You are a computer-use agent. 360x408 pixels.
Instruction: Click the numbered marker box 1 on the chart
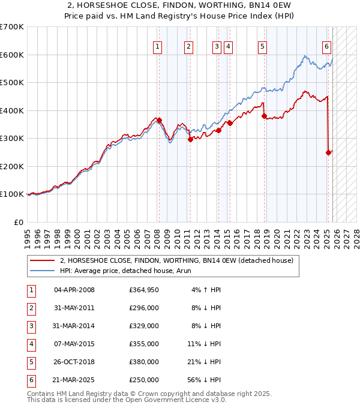pyautogui.click(x=157, y=46)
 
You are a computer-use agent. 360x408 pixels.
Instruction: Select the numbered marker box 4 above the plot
pyautogui.click(x=229, y=46)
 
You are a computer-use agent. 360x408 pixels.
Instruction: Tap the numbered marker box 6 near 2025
pyautogui.click(x=326, y=46)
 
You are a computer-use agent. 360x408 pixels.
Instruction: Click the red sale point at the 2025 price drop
pyautogui.click(x=329, y=152)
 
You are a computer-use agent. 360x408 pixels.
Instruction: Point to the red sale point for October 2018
pyautogui.click(x=264, y=116)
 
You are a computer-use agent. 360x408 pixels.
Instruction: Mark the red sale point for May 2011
pyautogui.click(x=190, y=139)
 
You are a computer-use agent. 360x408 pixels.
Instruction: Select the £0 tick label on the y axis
pyautogui.click(x=18, y=222)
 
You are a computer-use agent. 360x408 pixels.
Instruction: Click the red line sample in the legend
pyautogui.click(x=42, y=260)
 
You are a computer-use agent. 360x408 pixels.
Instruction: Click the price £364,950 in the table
pyautogui.click(x=143, y=290)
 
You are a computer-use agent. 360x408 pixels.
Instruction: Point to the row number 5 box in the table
pyautogui.click(x=30, y=362)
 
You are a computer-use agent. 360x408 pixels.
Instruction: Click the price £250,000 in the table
pyautogui.click(x=143, y=380)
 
